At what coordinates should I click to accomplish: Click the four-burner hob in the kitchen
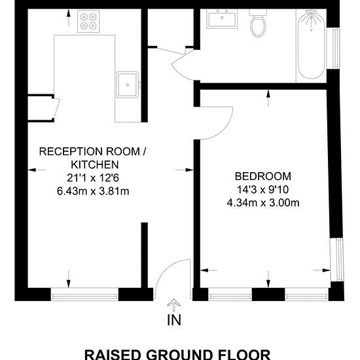point(88,21)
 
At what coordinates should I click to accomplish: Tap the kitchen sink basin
point(128,84)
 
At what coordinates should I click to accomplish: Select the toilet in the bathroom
point(258,23)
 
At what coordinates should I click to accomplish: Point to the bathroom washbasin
point(222,19)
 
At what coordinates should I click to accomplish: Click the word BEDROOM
point(263,176)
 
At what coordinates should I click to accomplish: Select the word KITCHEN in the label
point(95,164)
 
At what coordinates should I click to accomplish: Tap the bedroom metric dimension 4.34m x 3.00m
point(263,203)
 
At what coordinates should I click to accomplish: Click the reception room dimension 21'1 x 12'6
point(93,178)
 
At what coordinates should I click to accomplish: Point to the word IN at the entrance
point(174,320)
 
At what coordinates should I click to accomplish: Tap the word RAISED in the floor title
point(114,355)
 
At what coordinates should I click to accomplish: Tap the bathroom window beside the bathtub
point(333,48)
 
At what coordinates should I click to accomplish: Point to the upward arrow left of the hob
point(68,18)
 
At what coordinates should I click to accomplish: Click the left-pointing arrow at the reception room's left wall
point(37,170)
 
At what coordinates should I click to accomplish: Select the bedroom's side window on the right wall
point(337,259)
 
